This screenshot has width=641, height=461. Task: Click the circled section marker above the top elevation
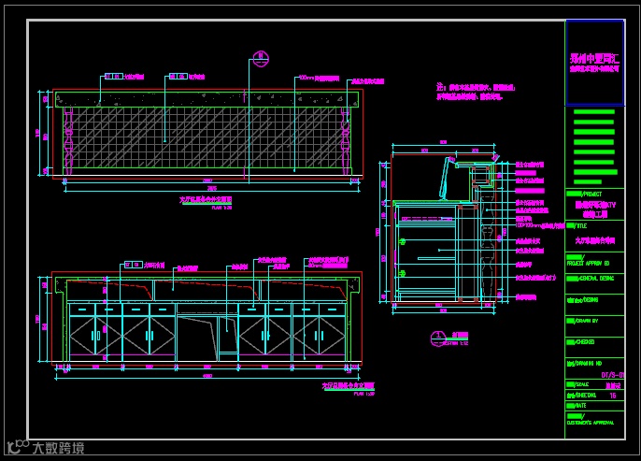pos(261,57)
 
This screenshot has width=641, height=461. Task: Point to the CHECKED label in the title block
pos(580,341)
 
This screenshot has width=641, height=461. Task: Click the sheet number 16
pos(613,396)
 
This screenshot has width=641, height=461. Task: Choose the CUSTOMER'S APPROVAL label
pos(591,423)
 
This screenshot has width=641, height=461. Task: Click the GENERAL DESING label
pos(591,278)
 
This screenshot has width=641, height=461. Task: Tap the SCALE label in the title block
pos(578,384)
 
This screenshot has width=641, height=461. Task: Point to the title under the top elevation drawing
pos(206,200)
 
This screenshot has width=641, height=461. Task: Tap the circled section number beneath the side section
pos(435,336)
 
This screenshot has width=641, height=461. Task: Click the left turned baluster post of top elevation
pos(68,140)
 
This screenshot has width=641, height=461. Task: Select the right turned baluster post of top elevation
pos(349,140)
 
